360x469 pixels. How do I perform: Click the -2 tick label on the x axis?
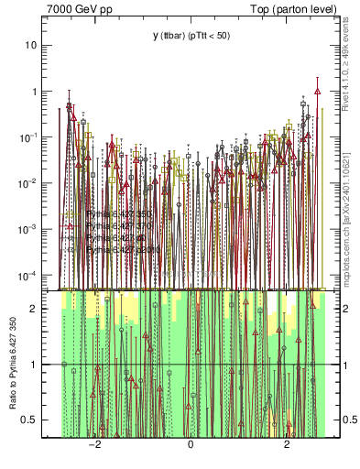pyautogui.click(x=94, y=445)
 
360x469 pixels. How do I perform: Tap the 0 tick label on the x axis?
pyautogui.click(x=191, y=445)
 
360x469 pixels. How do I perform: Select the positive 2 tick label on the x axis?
pyautogui.click(x=287, y=445)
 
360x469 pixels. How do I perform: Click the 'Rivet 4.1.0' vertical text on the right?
pyautogui.click(x=350, y=64)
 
